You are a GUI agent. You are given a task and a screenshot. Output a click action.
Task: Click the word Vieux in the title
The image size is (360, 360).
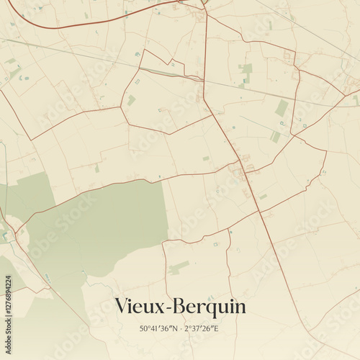tap(139, 307)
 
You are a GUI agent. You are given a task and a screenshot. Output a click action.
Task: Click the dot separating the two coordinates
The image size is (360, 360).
tap(180, 328)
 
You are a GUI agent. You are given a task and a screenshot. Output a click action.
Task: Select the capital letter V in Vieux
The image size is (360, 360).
tap(122, 307)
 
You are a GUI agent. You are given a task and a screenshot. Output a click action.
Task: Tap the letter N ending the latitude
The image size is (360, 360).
tap(174, 328)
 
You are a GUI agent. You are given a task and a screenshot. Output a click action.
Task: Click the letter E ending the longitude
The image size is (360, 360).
tap(217, 328)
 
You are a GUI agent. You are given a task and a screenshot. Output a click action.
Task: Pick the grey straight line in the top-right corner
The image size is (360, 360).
tap(310, 29)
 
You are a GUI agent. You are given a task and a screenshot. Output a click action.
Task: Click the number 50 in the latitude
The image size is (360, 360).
tap(144, 328)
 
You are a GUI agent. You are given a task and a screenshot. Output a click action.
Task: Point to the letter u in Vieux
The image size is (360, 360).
tap(149, 308)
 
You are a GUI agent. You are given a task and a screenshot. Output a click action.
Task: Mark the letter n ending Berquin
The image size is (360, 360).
tap(240, 308)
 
